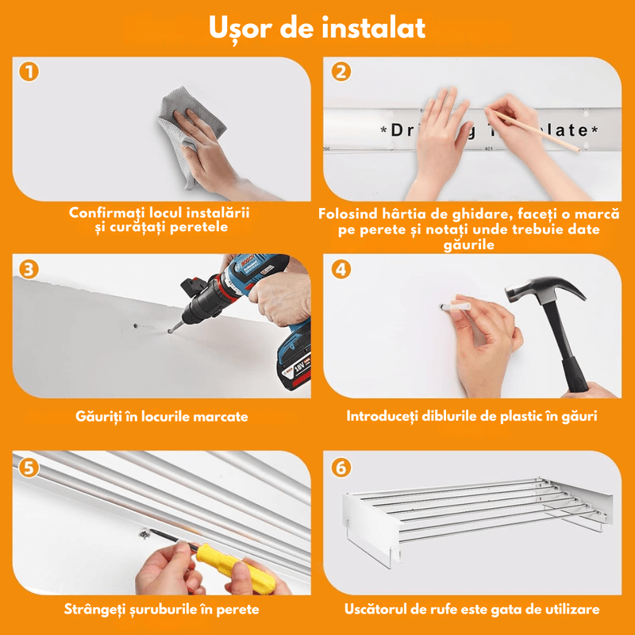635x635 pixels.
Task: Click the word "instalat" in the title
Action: [x=372, y=27]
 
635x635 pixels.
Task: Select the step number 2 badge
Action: [x=341, y=72]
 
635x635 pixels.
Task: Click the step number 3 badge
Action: [x=29, y=269]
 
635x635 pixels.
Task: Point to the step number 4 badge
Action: [x=341, y=269]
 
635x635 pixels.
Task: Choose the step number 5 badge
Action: [x=29, y=467]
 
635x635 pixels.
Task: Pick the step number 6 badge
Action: [x=341, y=467]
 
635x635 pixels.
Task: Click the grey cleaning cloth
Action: [x=179, y=135]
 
